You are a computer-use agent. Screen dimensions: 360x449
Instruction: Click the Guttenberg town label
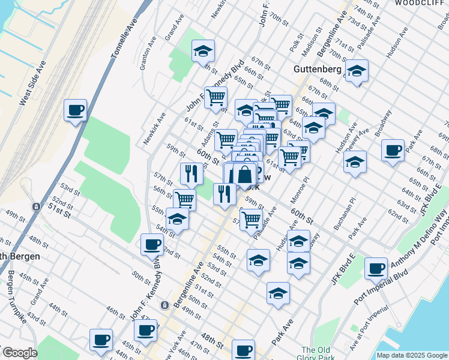[x=318, y=70]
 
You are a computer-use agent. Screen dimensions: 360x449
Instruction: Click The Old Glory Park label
[x=316, y=353]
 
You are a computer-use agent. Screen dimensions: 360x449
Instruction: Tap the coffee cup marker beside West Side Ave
[x=76, y=111]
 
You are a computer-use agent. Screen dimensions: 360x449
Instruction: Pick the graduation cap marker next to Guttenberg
[x=357, y=72]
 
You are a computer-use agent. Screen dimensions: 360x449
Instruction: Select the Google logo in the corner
[x=19, y=353]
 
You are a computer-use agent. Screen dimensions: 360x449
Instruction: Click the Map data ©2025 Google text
[x=411, y=355]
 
